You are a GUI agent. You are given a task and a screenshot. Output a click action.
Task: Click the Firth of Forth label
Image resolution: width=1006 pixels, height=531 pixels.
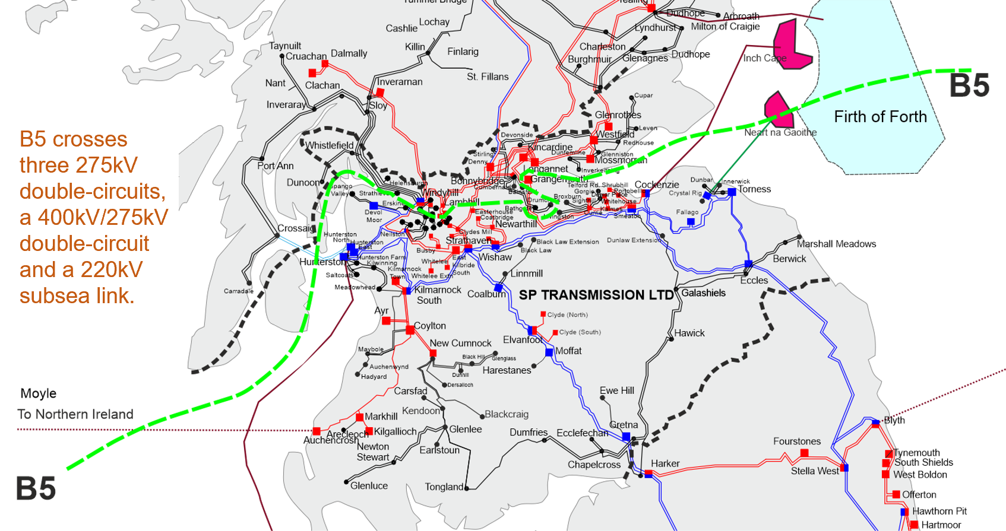pyautogui.click(x=880, y=117)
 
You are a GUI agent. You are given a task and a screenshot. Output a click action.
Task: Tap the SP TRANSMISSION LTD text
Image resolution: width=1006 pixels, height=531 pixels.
pyautogui.click(x=596, y=295)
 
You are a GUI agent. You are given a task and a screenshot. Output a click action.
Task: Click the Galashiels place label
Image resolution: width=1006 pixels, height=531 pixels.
pyautogui.click(x=703, y=293)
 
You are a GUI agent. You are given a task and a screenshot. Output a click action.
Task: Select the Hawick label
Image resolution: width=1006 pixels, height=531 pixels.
pyautogui.click(x=689, y=333)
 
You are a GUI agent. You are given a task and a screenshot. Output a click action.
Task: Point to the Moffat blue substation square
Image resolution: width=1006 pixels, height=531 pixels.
pyautogui.click(x=549, y=352)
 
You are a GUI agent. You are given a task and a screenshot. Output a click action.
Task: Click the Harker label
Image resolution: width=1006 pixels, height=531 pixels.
pyautogui.click(x=665, y=463)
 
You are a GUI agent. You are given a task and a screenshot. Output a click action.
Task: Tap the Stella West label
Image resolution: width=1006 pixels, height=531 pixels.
pyautogui.click(x=815, y=471)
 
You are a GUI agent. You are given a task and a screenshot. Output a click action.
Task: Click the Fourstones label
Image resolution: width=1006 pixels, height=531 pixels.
pyautogui.click(x=796, y=441)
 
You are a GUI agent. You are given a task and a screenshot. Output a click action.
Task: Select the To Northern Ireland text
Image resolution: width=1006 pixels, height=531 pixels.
pyautogui.click(x=75, y=414)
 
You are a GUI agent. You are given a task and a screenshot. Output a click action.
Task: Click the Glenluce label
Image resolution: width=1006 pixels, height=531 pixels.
pyautogui.click(x=369, y=486)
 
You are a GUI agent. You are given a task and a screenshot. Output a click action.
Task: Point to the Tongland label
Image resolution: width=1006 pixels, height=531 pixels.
pyautogui.click(x=444, y=487)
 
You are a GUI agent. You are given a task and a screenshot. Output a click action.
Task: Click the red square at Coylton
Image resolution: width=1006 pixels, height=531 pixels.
pyautogui.click(x=410, y=330)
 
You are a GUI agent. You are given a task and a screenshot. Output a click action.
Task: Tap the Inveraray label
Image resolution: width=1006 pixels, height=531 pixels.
pyautogui.click(x=286, y=105)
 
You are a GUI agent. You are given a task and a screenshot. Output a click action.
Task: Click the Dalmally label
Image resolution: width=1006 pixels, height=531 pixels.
pyautogui.click(x=349, y=53)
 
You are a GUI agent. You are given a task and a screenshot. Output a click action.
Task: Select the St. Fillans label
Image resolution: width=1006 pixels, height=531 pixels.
pyautogui.click(x=488, y=77)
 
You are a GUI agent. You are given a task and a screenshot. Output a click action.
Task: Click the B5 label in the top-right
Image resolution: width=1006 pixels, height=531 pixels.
pyautogui.click(x=969, y=86)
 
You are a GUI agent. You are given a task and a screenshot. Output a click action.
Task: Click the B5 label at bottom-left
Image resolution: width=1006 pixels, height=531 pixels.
pyautogui.click(x=36, y=489)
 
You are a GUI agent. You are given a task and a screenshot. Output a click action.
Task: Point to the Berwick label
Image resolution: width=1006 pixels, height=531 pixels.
pyautogui.click(x=789, y=259)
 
